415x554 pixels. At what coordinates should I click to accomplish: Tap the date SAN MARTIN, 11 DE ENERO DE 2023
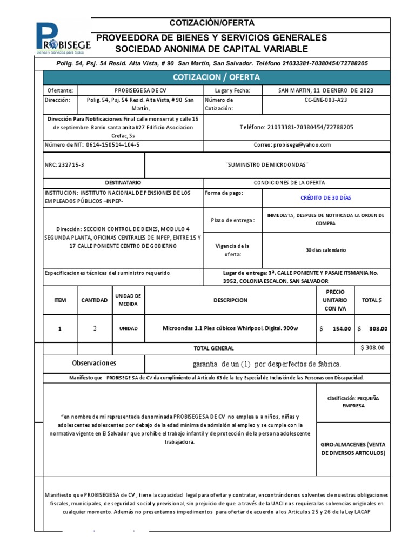pos(325,90)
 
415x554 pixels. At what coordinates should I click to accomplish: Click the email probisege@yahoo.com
pos(294,144)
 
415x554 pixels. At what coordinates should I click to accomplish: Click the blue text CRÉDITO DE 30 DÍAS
pos(325,197)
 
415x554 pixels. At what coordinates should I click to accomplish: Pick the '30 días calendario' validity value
pos(325,250)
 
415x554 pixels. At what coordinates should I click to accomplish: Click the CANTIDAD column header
pos(94,300)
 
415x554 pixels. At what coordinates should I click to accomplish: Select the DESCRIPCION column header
pos(230,300)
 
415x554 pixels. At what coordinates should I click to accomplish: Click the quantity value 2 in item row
pos(95,328)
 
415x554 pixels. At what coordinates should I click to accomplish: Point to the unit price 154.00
pos(340,328)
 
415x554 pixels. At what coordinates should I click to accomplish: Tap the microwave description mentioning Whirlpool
pos(230,328)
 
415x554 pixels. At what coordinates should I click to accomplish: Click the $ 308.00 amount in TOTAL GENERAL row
pos(373,348)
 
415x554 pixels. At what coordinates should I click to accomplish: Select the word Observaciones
pos(93,363)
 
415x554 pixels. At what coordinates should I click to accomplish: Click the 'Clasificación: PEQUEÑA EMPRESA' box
pos(353,401)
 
